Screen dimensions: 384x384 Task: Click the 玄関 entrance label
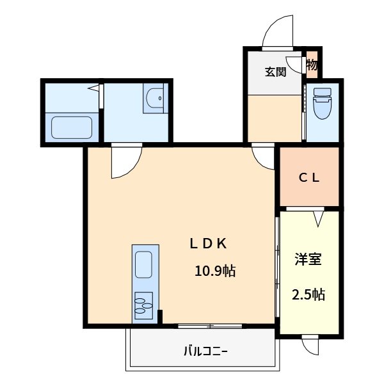(x=276, y=71)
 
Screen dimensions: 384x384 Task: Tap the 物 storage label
(x=312, y=65)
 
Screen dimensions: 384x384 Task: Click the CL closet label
(x=309, y=179)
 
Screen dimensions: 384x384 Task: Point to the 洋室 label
(x=308, y=259)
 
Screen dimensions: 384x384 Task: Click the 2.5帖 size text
(x=308, y=294)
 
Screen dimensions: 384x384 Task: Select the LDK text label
(x=208, y=243)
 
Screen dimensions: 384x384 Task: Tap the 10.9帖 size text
(x=215, y=271)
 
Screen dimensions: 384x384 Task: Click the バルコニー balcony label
(x=205, y=351)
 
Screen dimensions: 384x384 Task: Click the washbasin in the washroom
(x=154, y=99)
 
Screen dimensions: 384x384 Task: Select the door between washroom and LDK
(x=125, y=161)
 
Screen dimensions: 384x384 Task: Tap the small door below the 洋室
(x=310, y=346)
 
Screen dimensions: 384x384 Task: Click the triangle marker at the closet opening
(x=318, y=218)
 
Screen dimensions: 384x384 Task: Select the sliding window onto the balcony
(x=210, y=326)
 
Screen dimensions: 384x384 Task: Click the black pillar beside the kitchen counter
(x=160, y=317)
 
